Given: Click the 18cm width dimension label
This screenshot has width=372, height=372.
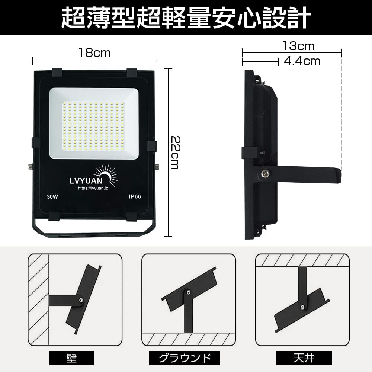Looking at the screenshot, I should tap(94, 52).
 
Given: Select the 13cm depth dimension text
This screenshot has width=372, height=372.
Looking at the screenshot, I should tap(298, 46).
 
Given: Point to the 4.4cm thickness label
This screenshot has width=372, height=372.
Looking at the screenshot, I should tap(302, 61).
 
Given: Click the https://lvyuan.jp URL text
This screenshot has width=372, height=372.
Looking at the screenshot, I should tap(93, 188).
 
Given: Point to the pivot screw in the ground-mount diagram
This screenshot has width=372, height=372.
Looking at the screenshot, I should tap(189, 293).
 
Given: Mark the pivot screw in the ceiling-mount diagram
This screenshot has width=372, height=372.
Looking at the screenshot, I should tap(303, 307).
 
